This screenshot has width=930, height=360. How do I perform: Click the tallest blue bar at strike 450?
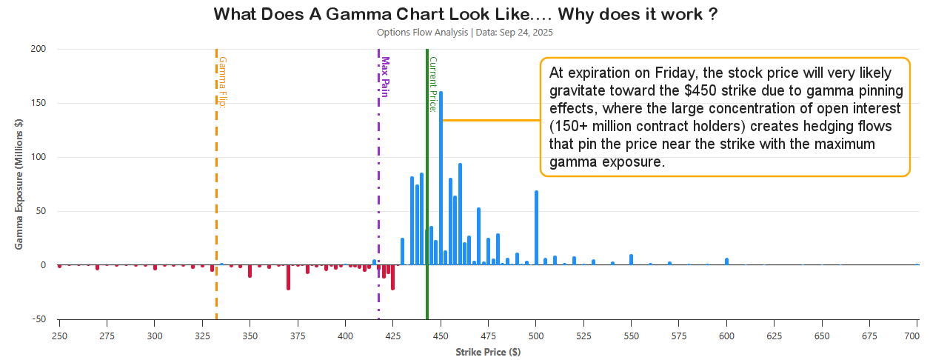click(441, 178)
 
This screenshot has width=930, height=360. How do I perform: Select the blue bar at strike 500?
click(536, 227)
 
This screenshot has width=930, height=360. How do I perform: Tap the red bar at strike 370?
click(288, 277)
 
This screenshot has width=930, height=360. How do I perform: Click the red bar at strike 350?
click(250, 271)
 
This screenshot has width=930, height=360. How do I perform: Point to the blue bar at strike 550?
click(631, 260)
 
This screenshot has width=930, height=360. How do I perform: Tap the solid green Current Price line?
click(427, 185)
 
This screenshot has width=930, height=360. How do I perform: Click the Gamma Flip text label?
click(222, 81)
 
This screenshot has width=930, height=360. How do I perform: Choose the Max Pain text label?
click(385, 77)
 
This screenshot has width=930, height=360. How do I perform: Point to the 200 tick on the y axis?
click(38, 50)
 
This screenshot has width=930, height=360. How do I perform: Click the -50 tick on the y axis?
click(36, 319)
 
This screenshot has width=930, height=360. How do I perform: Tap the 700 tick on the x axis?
click(917, 336)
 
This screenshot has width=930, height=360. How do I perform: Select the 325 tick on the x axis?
click(202, 336)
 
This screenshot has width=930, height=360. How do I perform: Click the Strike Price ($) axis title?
click(488, 352)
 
